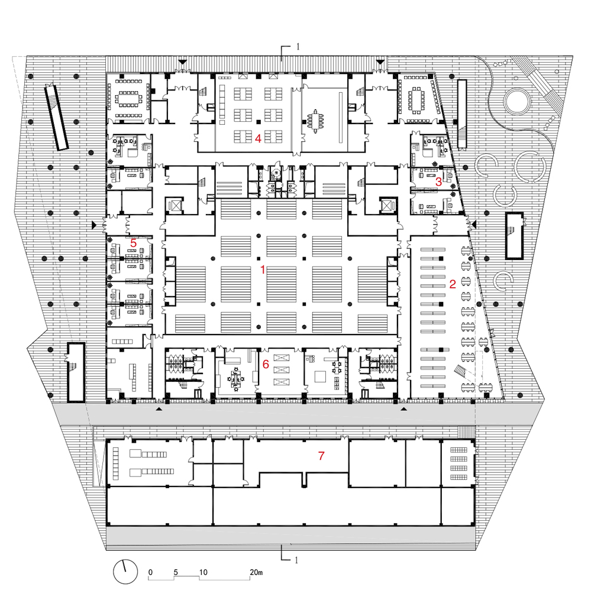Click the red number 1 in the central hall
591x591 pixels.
coord(262,269)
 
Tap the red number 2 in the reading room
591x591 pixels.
coord(453,284)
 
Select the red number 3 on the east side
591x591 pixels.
coord(438,182)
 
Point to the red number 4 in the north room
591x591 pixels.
coord(257,138)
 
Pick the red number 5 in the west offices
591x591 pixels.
coord(133,242)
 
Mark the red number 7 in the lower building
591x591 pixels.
coord(321,456)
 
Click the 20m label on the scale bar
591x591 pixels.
coord(256,572)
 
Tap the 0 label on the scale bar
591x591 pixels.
coord(151,572)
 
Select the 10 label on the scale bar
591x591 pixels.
coord(203,572)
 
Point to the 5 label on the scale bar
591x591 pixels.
coord(176,572)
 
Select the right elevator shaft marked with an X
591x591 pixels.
coord(387,205)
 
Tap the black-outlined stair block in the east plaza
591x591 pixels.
coord(514,235)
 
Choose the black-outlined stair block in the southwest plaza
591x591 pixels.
coord(76,372)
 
